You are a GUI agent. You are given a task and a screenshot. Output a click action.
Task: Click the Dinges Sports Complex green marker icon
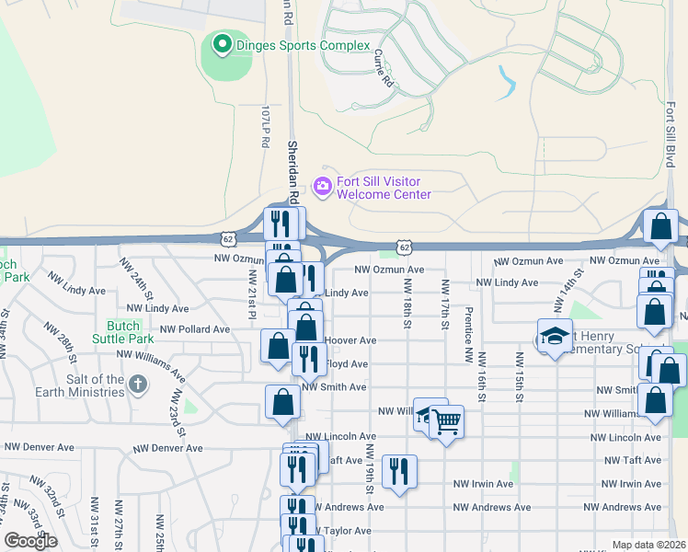tap(222, 43)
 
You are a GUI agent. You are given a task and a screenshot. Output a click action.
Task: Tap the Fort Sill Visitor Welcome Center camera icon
tap(322, 187)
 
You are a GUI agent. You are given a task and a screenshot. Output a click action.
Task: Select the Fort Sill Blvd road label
tap(671, 129)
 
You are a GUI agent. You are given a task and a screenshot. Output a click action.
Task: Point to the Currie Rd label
tap(384, 67)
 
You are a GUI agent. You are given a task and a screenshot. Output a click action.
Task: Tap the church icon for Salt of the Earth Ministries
tap(138, 384)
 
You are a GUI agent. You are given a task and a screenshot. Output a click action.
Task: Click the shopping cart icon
tap(446, 422)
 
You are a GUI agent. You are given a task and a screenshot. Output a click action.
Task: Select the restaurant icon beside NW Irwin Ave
tap(399, 472)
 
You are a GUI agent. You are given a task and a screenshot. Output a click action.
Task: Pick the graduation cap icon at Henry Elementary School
tap(555, 337)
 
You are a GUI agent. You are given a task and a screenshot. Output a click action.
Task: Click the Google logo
tap(30, 541)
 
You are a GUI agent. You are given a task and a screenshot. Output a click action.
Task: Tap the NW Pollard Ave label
tap(194, 328)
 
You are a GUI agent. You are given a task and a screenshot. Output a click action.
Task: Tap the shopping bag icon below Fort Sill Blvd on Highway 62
tap(660, 226)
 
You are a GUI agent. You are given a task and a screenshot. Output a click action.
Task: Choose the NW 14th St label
tap(559, 291)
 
